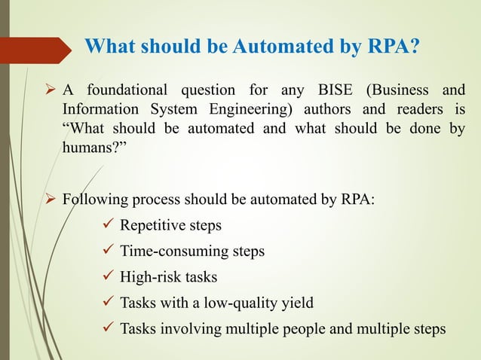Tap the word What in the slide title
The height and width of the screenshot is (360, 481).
tap(111, 47)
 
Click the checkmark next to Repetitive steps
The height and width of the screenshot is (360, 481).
tap(106, 226)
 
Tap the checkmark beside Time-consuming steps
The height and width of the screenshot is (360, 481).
tap(106, 252)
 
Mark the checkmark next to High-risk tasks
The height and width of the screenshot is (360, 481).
tap(106, 277)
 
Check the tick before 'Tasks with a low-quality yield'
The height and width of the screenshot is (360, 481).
tap(106, 303)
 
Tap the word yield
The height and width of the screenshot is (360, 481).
tap(296, 303)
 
